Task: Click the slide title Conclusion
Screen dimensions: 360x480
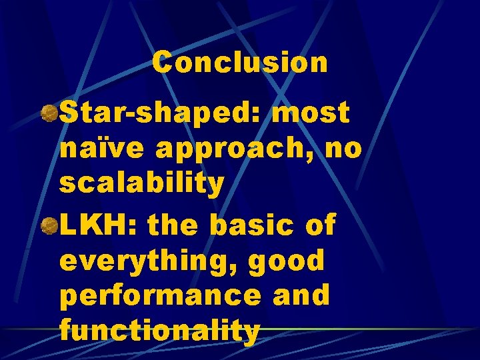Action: tap(240, 63)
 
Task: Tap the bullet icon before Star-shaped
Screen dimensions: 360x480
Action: tap(48, 113)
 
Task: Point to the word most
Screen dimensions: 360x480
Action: tap(311, 113)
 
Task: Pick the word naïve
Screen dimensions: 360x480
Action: tap(103, 149)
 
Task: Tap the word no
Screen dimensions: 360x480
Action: tap(345, 149)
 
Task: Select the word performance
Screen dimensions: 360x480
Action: tap(160, 296)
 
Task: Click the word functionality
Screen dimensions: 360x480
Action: tap(159, 331)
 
